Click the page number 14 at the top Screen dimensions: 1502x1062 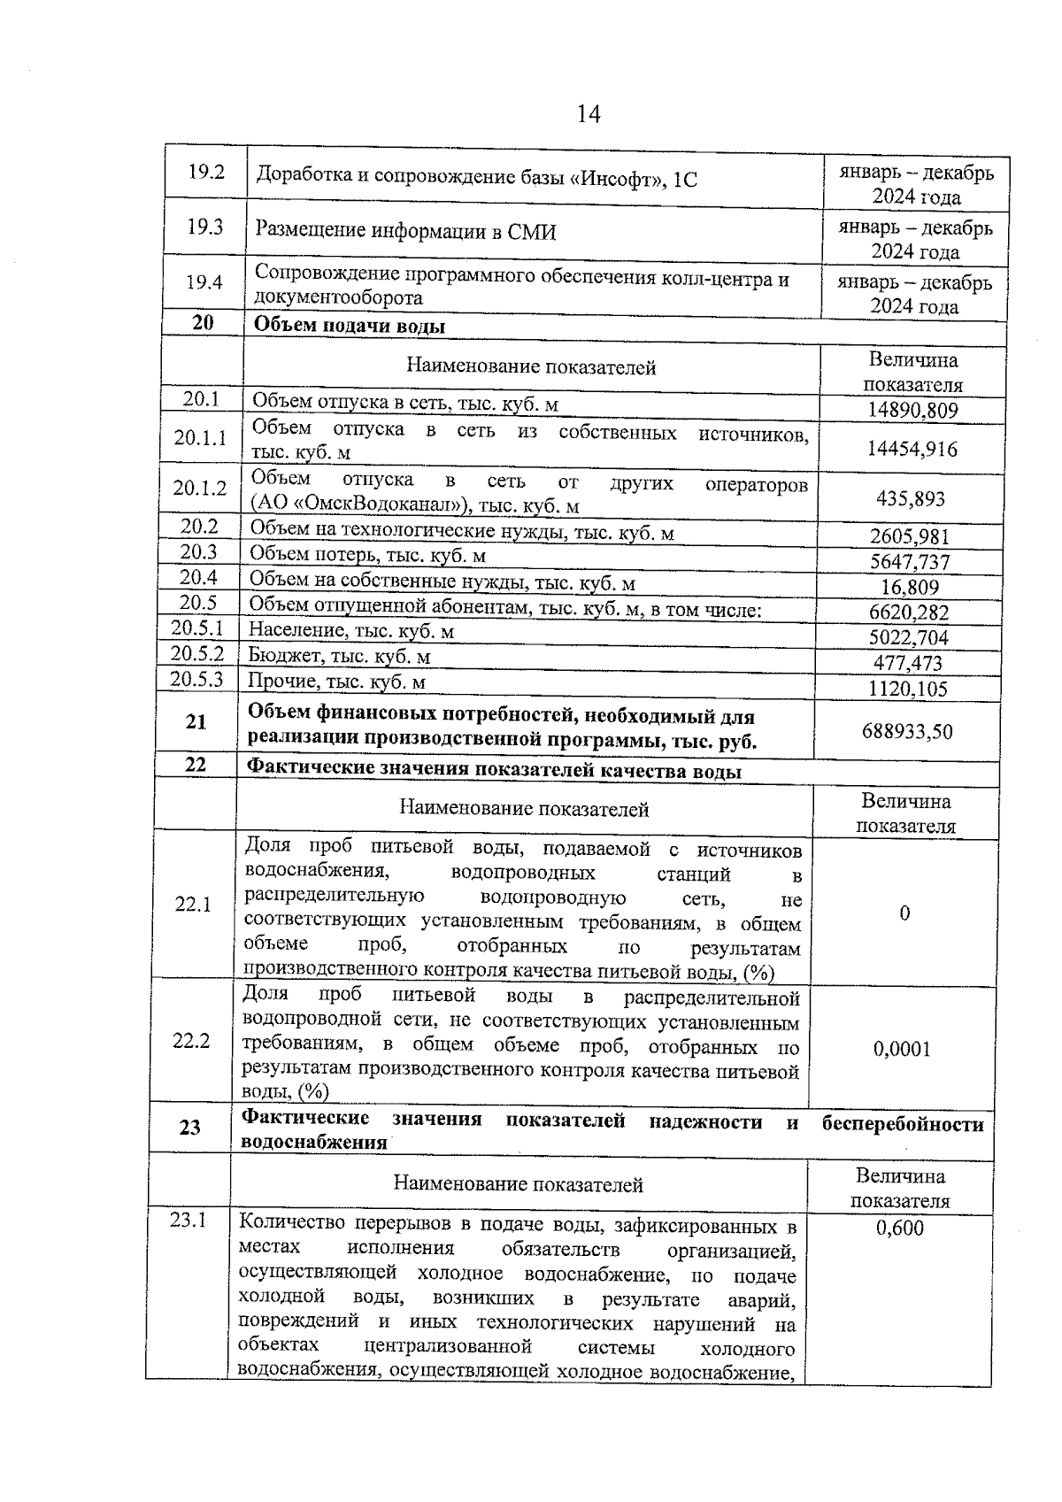(x=588, y=114)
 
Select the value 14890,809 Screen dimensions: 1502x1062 (x=912, y=411)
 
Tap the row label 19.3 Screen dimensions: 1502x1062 (x=204, y=227)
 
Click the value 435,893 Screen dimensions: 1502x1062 (x=911, y=499)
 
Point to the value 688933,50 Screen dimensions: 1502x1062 (x=907, y=732)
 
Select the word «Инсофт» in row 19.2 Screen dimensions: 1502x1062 (x=619, y=179)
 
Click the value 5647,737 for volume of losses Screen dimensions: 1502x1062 (x=910, y=562)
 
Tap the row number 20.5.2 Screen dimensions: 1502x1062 (x=197, y=654)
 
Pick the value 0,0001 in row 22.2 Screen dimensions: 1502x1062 (x=902, y=1050)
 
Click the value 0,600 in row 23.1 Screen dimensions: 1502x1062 (x=899, y=1229)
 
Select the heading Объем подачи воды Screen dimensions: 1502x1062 (x=350, y=326)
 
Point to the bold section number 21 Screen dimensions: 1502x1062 (x=196, y=722)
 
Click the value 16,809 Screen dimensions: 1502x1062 (x=910, y=588)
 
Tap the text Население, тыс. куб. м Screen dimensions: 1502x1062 (x=350, y=631)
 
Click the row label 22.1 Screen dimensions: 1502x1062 (x=193, y=905)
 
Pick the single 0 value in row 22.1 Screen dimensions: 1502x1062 (x=904, y=913)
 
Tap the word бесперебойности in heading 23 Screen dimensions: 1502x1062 (x=902, y=1124)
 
